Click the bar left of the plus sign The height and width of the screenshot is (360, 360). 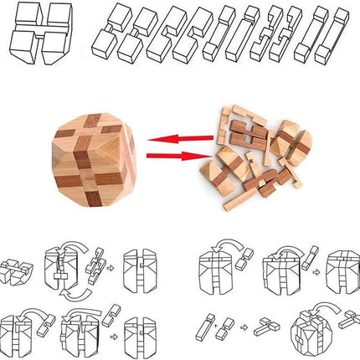[206, 321]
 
